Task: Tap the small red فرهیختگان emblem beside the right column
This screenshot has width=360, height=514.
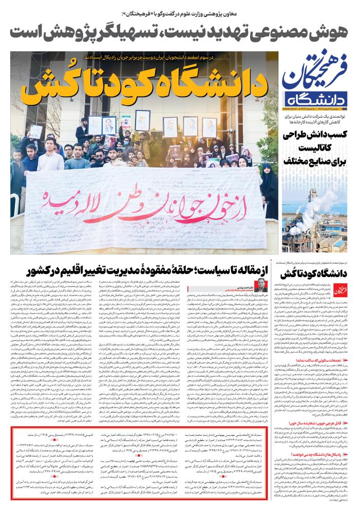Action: [x=344, y=291]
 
